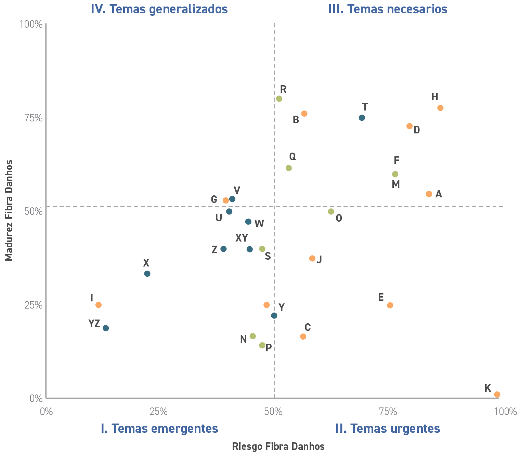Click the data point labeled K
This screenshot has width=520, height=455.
497,394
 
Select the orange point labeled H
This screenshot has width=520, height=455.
440,108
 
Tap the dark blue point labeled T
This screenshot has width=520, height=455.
362,118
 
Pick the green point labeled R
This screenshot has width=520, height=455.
279,99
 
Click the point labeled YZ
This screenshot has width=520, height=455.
106,328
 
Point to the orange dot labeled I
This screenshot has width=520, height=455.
99,305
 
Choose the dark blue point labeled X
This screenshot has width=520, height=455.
147,274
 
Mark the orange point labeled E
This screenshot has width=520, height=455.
390,305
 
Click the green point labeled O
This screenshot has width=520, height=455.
331,212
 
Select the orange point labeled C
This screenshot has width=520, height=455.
303,337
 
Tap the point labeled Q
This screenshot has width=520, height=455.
288,168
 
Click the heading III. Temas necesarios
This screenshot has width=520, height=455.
388,9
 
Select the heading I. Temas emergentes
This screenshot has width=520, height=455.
159,428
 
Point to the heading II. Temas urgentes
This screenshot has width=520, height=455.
388,428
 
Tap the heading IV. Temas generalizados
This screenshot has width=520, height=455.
159,9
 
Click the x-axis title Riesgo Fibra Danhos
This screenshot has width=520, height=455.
278,446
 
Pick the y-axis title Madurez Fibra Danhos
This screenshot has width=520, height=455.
9,210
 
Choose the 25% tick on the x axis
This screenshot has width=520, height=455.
159,412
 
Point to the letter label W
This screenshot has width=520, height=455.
259,224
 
